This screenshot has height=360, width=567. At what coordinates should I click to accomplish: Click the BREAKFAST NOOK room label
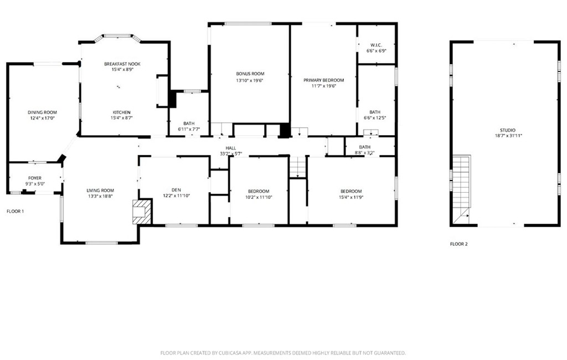pos(122,64)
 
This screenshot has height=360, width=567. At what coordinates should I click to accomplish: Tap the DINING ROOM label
pos(42,112)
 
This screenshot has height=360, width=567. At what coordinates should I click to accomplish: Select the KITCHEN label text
pos(121,112)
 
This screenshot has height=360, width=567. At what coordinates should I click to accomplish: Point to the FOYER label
pos(35,178)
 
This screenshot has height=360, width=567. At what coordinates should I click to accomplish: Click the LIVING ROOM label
pos(100,191)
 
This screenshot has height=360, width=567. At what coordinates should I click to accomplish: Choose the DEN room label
pos(176,190)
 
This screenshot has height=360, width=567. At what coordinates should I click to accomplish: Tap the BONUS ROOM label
pos(250,74)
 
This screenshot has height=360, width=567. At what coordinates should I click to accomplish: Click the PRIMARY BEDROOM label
pos(323,80)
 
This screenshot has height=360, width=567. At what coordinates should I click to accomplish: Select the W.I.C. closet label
pos(376,45)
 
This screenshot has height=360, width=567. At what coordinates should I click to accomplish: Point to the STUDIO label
pos(508,130)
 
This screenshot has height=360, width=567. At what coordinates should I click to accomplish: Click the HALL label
pos(231,148)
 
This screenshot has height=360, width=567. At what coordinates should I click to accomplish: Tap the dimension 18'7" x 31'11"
pos(508,136)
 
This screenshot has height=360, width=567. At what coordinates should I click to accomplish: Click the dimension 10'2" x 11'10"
pos(259,197)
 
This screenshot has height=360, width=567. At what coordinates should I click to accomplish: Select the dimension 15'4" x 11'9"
pos(351,197)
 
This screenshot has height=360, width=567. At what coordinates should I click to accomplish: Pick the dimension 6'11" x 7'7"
pos(189,129)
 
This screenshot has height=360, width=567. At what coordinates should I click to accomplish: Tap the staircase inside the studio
pos(462,188)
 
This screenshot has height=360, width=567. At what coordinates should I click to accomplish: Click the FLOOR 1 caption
pos(15,212)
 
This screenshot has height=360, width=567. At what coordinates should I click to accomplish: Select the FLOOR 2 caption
pos(458,244)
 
